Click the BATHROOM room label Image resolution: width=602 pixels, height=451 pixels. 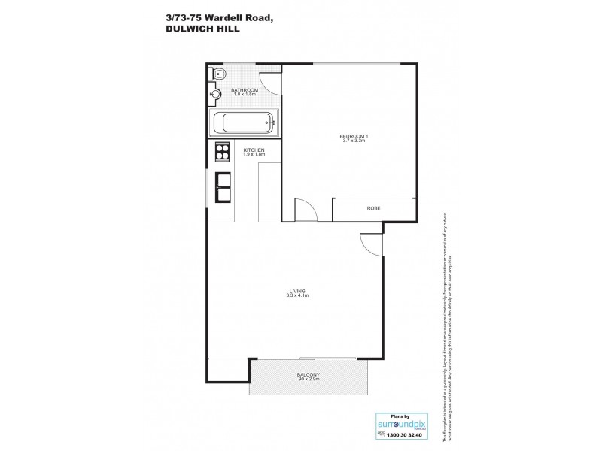[x=245, y=90]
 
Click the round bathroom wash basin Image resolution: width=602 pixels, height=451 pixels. [x=214, y=95]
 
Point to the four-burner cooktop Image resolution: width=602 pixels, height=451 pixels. [x=223, y=153]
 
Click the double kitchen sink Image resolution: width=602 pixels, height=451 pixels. [x=223, y=186]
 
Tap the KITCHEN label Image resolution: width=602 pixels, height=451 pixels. [x=254, y=150]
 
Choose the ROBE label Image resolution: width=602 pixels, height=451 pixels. [x=373, y=207]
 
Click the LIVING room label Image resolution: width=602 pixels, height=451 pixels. [x=296, y=291]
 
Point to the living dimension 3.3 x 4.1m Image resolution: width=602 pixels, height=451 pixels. [x=296, y=296]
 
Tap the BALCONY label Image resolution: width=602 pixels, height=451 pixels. [x=309, y=374]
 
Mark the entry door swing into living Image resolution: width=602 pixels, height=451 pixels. [x=370, y=243]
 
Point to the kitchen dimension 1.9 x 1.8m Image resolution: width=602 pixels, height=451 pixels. [x=254, y=155]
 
